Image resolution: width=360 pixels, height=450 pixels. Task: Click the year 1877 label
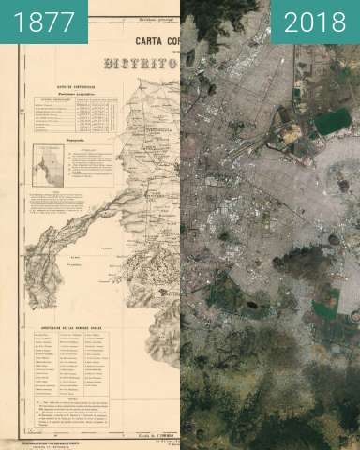tap(43, 22)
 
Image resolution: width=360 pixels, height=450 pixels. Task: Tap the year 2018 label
tap(314, 22)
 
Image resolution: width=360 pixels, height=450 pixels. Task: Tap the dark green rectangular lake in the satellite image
tap(331, 122)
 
